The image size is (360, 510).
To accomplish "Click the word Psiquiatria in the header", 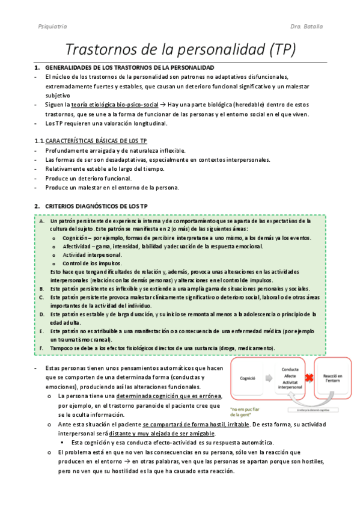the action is tap(40, 27).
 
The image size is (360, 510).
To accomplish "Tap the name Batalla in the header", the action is tap(316, 27).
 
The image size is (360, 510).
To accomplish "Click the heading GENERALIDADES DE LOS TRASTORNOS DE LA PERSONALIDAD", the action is tap(129, 67).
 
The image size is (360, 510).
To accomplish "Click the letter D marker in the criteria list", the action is tap(41, 314).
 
